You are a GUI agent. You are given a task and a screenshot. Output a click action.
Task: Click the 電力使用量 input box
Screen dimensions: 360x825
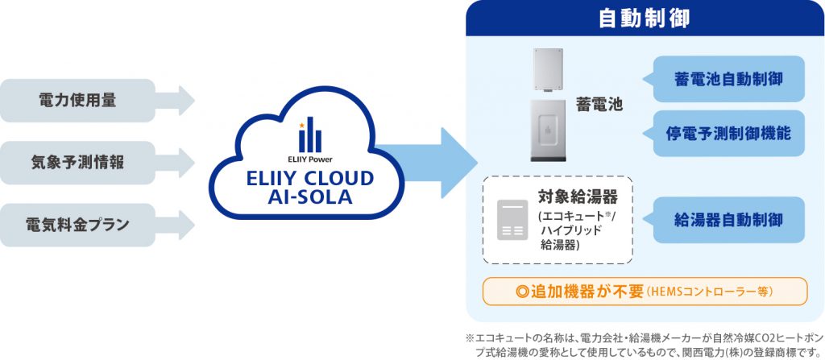[x=77, y=101]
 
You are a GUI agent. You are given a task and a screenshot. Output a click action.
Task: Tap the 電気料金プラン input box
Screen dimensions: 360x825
[x=77, y=224]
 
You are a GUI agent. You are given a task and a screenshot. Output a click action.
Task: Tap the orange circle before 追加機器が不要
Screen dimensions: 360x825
[x=520, y=292]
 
